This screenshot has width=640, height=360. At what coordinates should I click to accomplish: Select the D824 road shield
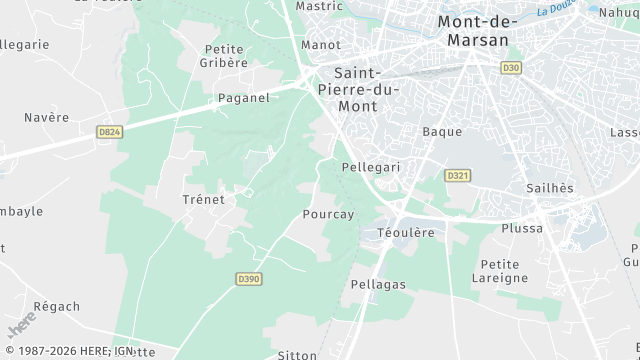109,131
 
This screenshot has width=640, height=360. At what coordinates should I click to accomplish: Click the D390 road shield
249,278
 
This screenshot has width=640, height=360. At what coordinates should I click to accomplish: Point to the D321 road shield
458,175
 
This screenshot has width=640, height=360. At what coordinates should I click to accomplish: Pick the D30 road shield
512,67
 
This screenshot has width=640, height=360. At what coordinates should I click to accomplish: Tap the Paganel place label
244,98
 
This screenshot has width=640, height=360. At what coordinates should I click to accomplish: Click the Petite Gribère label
224,55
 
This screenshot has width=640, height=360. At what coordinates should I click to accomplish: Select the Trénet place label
203,199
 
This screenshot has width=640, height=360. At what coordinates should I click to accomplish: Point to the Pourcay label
328,214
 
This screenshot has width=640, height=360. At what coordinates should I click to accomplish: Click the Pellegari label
370,167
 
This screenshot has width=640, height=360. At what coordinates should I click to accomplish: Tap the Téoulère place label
406,232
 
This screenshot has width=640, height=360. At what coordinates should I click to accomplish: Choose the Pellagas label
378,285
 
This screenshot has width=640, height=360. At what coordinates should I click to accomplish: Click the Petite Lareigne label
499,271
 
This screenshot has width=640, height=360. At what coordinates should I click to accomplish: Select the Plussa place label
522,228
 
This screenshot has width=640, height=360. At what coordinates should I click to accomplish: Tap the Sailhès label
550,188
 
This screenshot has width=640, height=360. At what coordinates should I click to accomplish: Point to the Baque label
442,131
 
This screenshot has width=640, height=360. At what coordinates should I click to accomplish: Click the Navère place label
47,117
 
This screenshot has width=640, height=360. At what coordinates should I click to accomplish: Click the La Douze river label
556,11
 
